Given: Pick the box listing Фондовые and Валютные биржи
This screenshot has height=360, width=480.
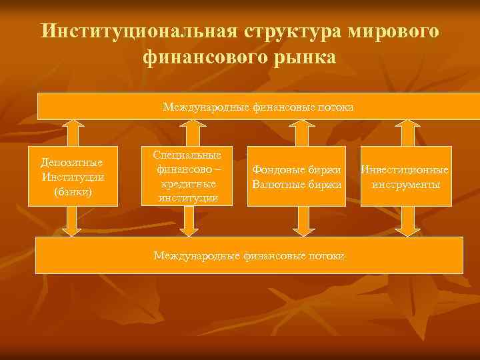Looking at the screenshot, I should (x=297, y=176).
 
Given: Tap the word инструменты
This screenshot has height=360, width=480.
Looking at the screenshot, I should (x=406, y=184).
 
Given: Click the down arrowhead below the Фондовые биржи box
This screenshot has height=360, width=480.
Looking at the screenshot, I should (x=303, y=230).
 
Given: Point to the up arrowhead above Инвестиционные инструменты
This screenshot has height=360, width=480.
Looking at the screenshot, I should (x=406, y=125).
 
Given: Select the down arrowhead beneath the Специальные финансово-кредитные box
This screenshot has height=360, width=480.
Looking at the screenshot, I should (x=189, y=230).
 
